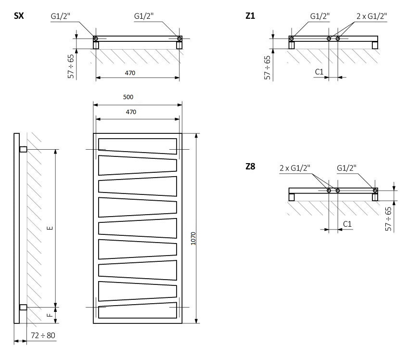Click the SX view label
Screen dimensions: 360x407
[x=19, y=16]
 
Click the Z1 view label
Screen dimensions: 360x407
[x=250, y=16]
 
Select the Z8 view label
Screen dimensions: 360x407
[x=250, y=167]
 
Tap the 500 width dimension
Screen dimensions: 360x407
[x=128, y=97]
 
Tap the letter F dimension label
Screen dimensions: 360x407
[x=50, y=315]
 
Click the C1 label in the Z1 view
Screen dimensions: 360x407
[x=319, y=72]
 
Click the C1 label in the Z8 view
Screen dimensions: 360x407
[x=347, y=224]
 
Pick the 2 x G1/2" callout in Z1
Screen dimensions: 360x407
[x=371, y=16]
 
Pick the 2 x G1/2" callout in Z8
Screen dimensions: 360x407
[x=294, y=167]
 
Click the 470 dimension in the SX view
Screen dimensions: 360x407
[x=130, y=73]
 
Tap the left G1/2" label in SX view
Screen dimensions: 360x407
[x=61, y=16]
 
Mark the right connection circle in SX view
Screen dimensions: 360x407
[x=179, y=39]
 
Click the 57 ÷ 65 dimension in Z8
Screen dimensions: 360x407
[x=388, y=219]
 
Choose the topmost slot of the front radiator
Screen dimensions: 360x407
[x=137, y=146]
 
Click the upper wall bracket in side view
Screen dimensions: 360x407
[x=23, y=149]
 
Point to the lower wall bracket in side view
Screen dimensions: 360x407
[x=23, y=307]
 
